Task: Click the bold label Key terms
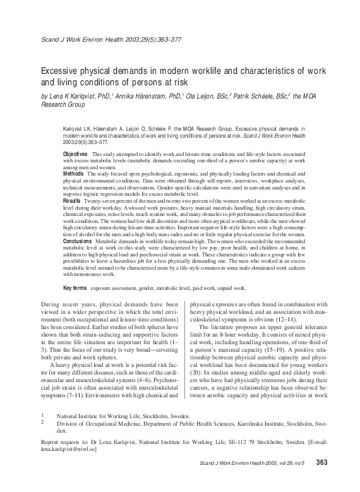[x=75, y=287]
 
